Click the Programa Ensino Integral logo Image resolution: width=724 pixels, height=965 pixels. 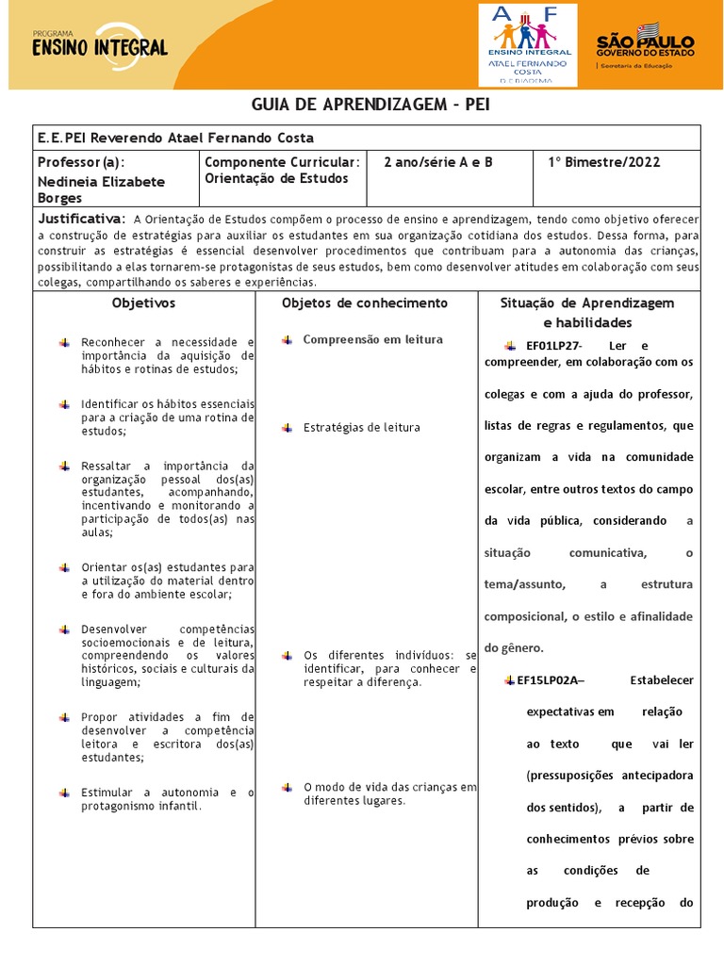99,43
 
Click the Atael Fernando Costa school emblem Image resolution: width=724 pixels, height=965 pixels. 527,44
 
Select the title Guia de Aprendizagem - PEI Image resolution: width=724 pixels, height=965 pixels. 370,104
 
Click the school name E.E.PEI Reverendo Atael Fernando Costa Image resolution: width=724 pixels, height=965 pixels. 175,138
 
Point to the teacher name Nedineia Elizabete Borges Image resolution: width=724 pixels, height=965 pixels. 101,189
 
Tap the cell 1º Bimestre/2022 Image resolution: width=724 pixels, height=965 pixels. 603,162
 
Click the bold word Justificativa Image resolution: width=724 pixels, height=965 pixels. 80,218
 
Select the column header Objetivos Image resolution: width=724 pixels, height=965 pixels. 143,303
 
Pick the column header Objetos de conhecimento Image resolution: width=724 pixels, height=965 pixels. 365,303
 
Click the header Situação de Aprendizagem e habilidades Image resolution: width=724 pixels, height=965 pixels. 586,312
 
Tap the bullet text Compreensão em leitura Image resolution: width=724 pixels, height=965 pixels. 372,339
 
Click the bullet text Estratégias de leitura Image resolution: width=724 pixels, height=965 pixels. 361,428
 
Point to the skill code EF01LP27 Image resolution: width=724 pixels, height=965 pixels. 553,346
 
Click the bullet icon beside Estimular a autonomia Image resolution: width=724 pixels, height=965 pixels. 64,793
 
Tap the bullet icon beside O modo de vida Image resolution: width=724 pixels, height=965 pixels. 287,787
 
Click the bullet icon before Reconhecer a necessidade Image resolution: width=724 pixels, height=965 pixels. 64,342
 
